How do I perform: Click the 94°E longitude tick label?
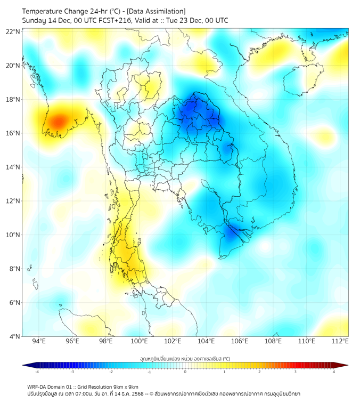click(x=39, y=342)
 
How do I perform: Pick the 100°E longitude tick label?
click(x=140, y=342)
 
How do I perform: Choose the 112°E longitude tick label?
click(x=340, y=342)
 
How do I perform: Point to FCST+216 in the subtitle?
click(x=111, y=20)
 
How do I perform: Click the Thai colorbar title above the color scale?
click(x=185, y=359)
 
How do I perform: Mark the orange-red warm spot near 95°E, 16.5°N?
click(x=57, y=121)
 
